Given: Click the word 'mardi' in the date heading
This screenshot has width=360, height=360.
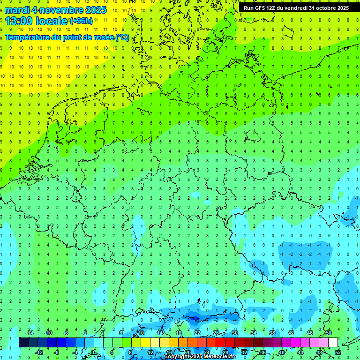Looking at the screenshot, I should [18, 10].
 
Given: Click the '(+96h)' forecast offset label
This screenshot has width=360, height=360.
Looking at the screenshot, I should [81, 21].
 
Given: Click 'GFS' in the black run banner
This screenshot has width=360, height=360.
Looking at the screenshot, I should [259, 8].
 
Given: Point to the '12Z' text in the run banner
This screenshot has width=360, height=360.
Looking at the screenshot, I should [271, 8].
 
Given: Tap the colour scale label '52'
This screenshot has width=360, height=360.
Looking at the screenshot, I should [338, 352].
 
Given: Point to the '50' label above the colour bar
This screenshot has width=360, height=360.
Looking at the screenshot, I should [328, 333].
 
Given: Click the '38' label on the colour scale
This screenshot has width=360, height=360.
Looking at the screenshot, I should [272, 333].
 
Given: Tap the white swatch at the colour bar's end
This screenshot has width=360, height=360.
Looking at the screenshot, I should [333, 342].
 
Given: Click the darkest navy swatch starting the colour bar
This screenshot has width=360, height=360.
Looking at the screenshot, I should [23, 342].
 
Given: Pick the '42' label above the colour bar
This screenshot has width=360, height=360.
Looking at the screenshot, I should [291, 333].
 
